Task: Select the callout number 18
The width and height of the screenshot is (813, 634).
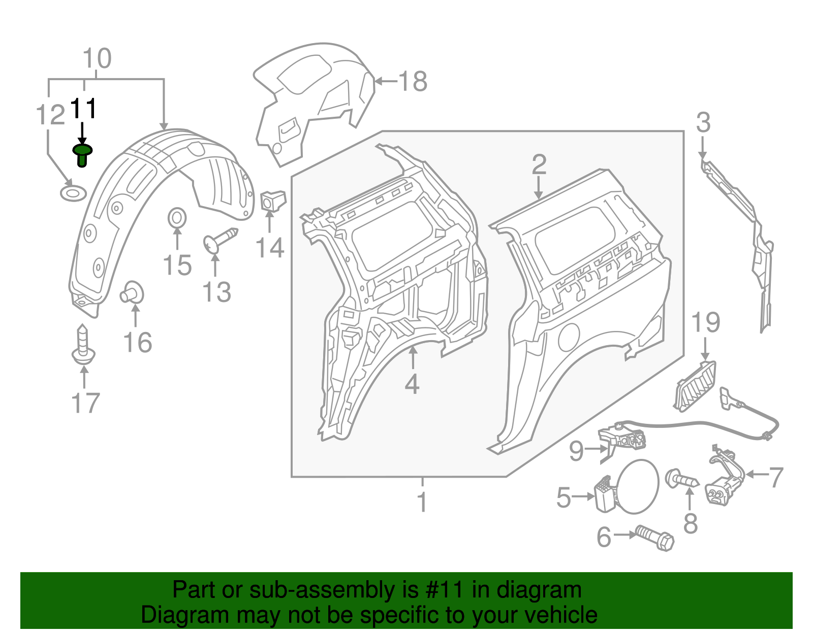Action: coord(413,81)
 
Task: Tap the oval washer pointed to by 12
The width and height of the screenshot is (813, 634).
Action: coord(73,193)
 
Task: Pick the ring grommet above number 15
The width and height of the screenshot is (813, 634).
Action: coord(177,218)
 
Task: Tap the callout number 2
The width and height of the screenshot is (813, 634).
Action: coord(539,164)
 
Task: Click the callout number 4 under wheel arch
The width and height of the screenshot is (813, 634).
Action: coord(412,384)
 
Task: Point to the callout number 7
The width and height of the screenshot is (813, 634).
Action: coord(776,478)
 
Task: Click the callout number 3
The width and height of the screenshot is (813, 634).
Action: coord(703,122)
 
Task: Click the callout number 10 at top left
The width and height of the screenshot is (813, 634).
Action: coord(97,59)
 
